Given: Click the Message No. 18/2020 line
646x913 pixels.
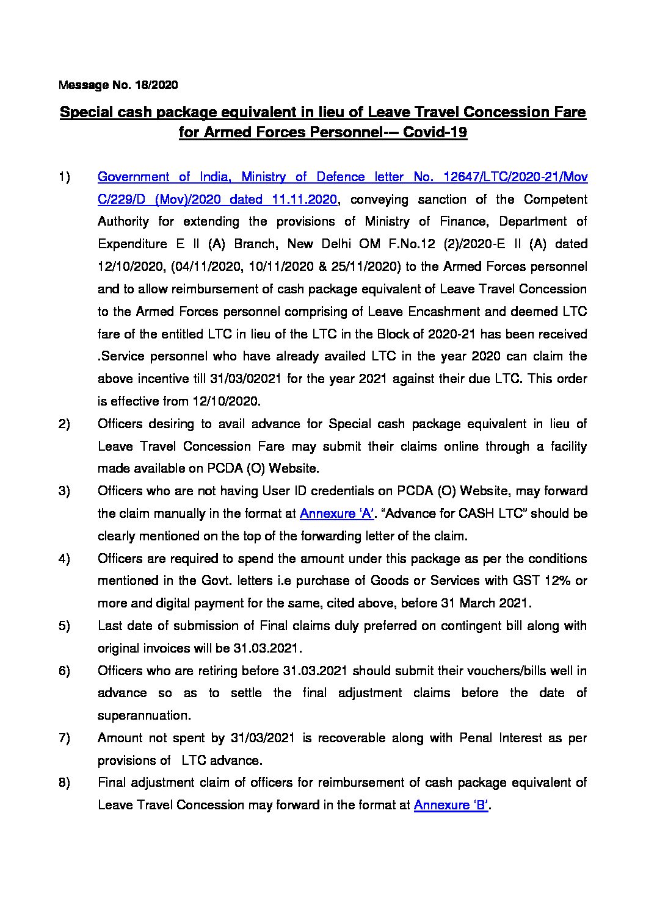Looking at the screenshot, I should [118, 85].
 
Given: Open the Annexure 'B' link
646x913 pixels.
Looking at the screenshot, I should [452, 805].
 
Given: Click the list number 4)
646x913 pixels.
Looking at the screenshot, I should [65, 559].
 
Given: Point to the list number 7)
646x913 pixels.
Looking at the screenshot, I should [65, 738].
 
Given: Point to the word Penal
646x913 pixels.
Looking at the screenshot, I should [473, 738].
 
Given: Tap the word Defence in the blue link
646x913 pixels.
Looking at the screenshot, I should [338, 177].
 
